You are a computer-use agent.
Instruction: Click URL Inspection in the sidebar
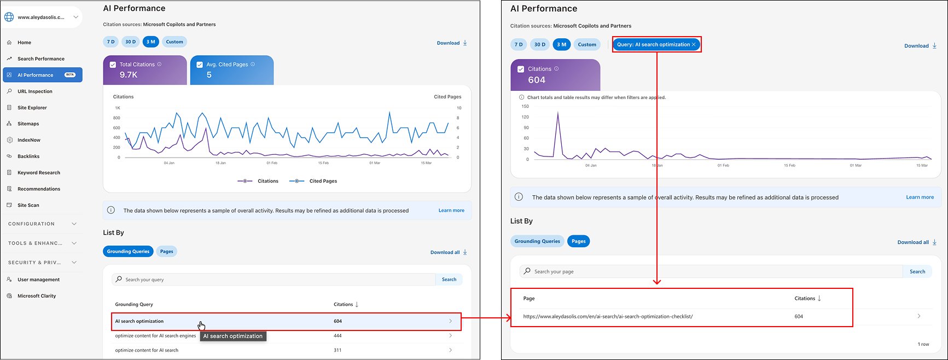[34, 91]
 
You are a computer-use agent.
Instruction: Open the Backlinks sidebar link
[28, 156]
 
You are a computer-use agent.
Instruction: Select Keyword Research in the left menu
[38, 173]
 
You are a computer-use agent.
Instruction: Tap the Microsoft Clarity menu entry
[36, 296]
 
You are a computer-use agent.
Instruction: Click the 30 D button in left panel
[130, 42]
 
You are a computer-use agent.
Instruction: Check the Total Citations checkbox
[113, 65]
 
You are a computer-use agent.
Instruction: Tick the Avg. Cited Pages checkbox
[200, 65]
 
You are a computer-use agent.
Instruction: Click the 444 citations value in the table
[338, 336]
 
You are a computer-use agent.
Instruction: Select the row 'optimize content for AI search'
[147, 350]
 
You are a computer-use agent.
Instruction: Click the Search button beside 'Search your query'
[449, 280]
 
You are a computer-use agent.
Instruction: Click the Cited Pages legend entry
[323, 181]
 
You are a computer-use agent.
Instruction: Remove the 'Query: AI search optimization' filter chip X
[694, 45]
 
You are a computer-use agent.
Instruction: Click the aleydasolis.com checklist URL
[608, 317]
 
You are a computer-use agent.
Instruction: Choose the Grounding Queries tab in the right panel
[537, 241]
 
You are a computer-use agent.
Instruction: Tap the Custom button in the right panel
[587, 45]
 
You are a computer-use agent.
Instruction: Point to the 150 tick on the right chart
[525, 107]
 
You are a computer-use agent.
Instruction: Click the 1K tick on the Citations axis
[117, 108]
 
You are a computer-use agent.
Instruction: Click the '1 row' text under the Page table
[923, 344]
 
